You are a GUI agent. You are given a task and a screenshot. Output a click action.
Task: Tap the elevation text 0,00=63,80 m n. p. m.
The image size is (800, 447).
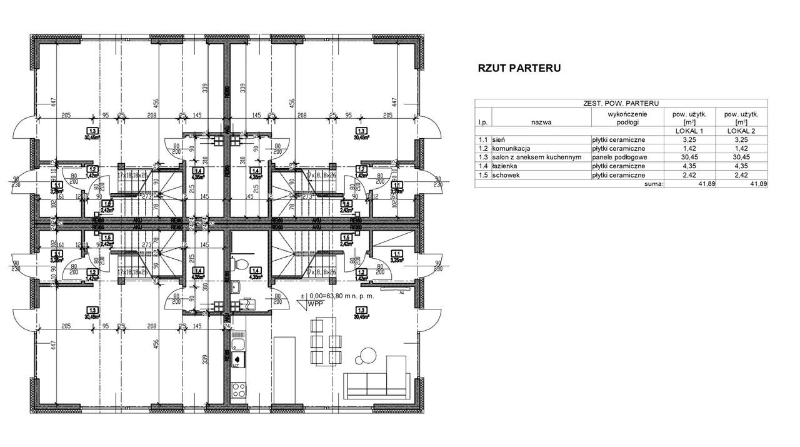point(341,297)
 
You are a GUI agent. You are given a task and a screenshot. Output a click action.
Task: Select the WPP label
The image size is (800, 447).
point(317,305)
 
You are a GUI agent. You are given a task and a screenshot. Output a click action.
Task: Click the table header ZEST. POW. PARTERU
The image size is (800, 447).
point(620,104)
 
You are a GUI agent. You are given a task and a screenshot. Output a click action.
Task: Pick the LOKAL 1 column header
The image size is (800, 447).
point(690,131)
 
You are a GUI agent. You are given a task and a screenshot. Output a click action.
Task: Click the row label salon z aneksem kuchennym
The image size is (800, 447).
point(537,158)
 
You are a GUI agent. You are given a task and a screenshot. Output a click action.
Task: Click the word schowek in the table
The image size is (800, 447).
point(507,176)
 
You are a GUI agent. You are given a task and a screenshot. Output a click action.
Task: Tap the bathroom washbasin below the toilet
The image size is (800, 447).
point(235,287)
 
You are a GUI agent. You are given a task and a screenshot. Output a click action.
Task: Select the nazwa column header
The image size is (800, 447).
point(541,123)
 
